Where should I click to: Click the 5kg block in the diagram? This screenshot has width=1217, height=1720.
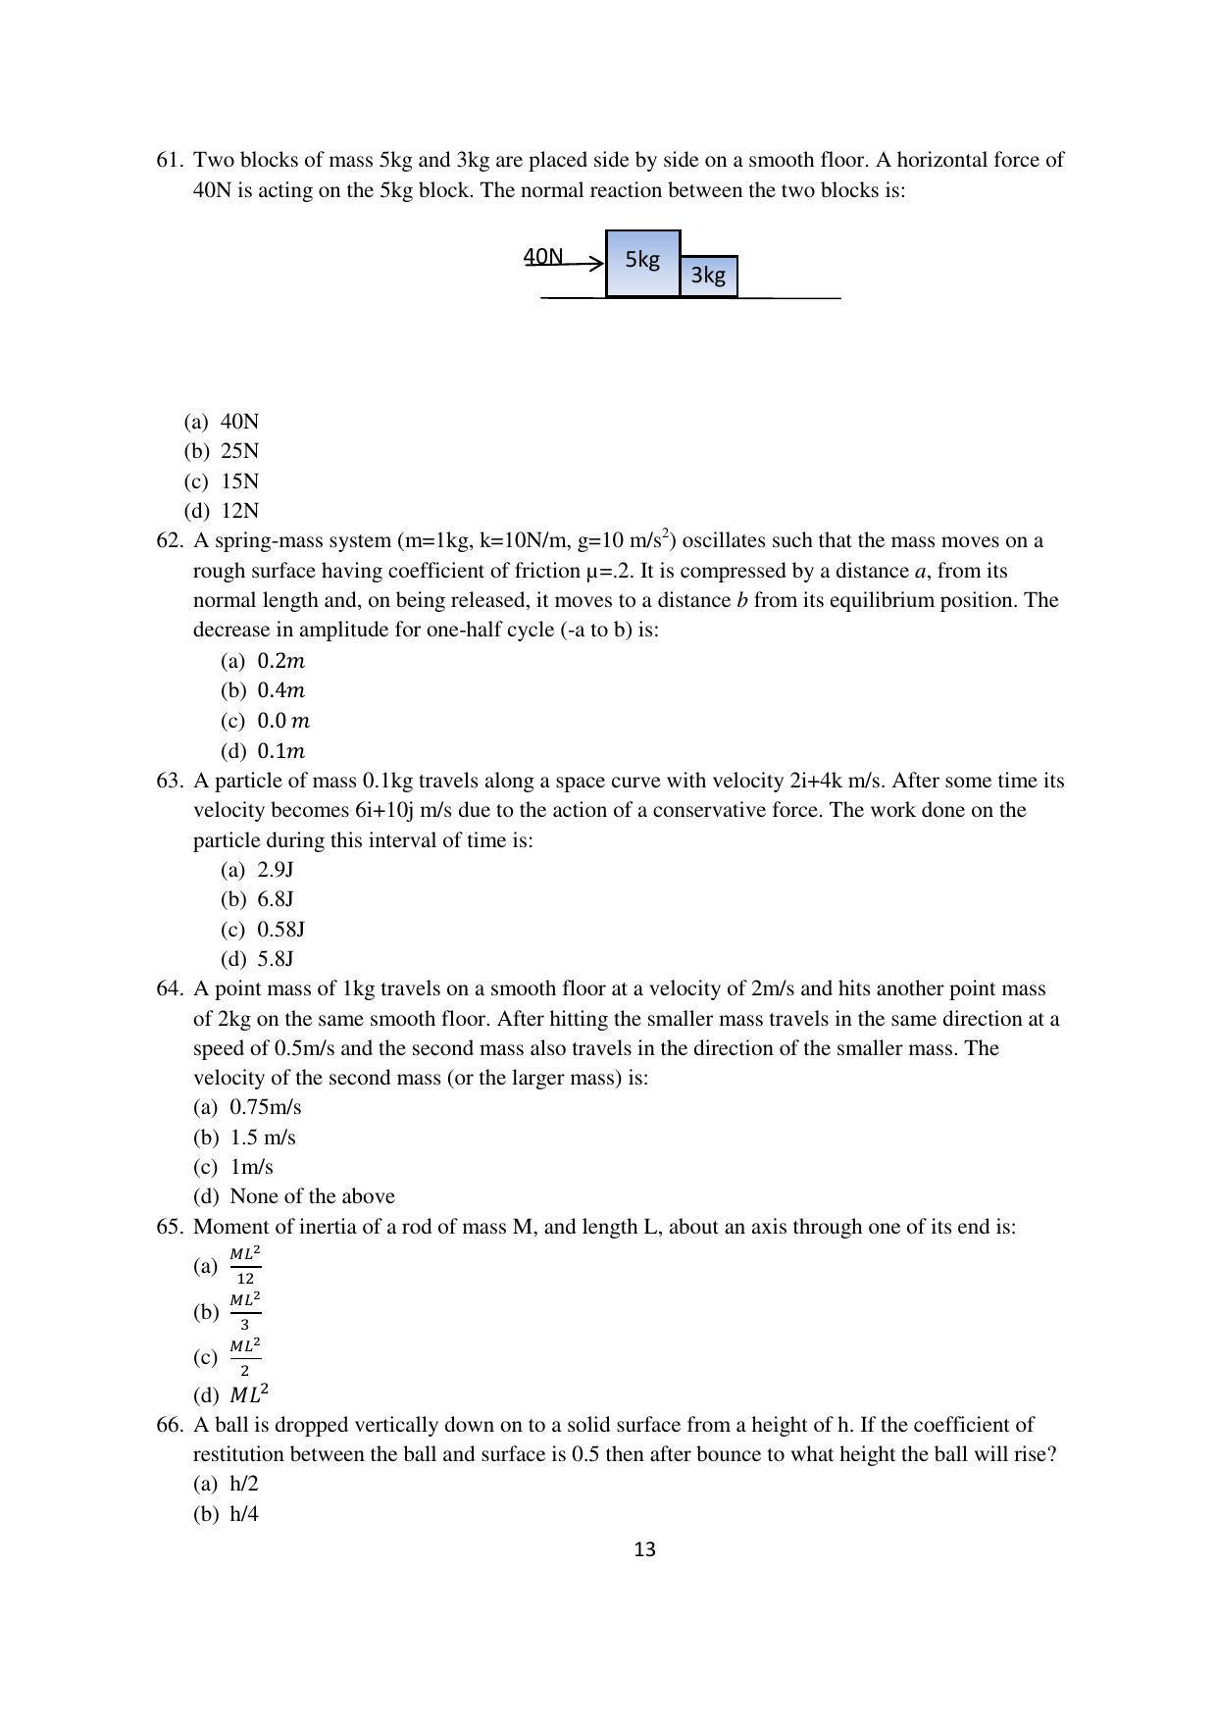click(x=642, y=262)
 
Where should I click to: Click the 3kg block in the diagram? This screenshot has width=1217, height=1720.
click(x=708, y=276)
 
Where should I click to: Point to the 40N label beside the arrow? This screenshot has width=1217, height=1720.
click(x=543, y=257)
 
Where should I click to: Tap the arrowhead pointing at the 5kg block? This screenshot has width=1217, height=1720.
click(x=597, y=263)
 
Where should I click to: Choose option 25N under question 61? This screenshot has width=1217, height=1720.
click(x=239, y=451)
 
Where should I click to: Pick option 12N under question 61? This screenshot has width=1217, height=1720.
click(x=239, y=511)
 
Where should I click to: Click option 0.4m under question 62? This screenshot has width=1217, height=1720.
click(x=280, y=690)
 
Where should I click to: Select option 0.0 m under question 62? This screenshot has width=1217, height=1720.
click(x=282, y=721)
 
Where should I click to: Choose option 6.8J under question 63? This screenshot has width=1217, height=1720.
click(x=276, y=899)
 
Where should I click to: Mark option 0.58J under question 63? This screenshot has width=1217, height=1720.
click(x=280, y=929)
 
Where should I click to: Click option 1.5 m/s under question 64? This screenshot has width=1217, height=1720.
click(x=262, y=1138)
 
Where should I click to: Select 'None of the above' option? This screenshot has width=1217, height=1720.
click(x=312, y=1196)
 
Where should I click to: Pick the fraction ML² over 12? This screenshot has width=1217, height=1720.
click(x=245, y=1266)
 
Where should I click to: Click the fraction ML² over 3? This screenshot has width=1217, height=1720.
click(x=245, y=1311)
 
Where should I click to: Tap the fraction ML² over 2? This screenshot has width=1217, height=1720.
click(x=245, y=1357)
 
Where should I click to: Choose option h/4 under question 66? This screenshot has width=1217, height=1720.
click(x=243, y=1514)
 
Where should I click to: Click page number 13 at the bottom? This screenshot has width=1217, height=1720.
click(x=644, y=1550)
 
